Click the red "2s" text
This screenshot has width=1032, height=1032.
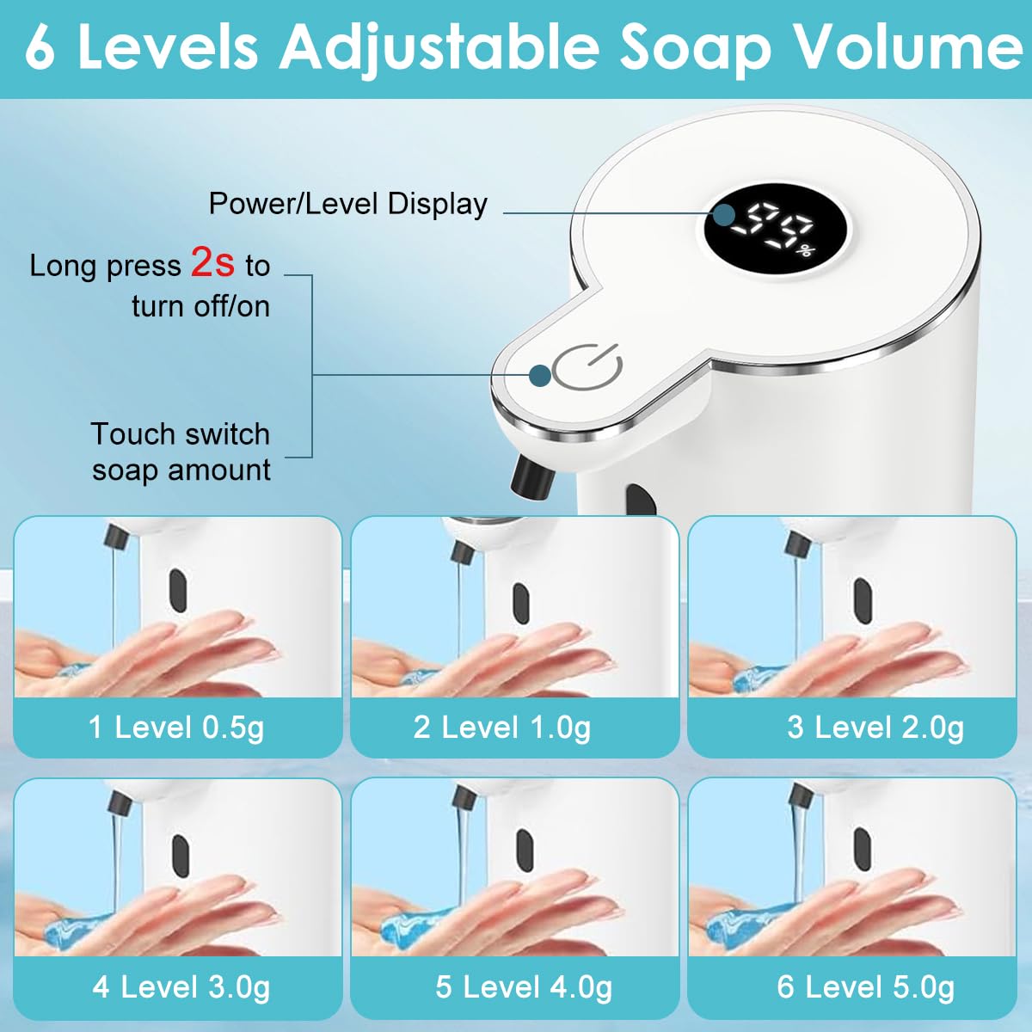coord(212,262)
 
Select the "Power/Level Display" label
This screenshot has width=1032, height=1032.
coord(347,204)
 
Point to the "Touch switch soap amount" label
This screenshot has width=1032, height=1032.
coord(181,451)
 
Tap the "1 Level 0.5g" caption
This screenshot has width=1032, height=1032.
coord(176,728)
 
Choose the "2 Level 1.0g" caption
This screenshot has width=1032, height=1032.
coord(502,728)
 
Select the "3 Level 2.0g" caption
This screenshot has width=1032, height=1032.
coord(875,728)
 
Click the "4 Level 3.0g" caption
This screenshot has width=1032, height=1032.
coord(181,986)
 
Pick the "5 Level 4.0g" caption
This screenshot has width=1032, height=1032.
coord(524,986)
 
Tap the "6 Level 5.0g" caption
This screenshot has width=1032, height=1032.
coord(866,986)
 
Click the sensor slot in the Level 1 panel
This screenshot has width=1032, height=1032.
coord(178,590)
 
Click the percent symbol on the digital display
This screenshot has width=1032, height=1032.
coord(805,251)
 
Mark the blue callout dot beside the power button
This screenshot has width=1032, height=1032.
coord(540,375)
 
